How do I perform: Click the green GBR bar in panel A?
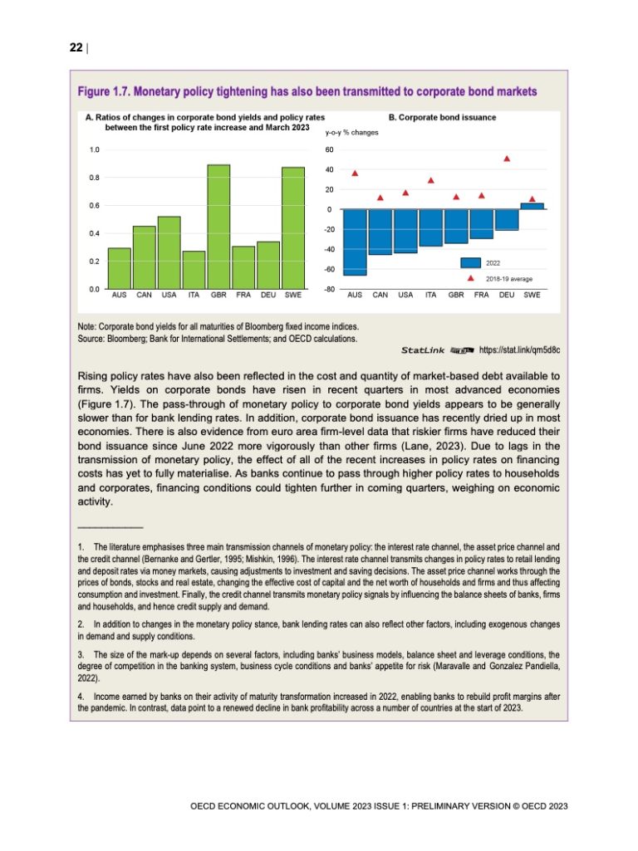[x=218, y=226]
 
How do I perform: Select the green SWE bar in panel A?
[x=293, y=227]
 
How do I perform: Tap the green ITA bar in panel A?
[x=194, y=270]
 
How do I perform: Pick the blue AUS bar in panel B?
[x=355, y=242]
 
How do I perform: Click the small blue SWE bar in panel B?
[x=532, y=206]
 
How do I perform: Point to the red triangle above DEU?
[x=507, y=158]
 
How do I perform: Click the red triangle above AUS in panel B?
[x=355, y=173]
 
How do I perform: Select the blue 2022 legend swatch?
[x=471, y=262]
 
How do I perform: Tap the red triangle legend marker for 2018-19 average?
[x=471, y=279]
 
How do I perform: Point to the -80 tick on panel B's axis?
[x=329, y=289]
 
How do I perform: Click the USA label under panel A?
[x=169, y=295]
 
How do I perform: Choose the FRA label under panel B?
[x=482, y=295]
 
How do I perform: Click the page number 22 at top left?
[x=75, y=47]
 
